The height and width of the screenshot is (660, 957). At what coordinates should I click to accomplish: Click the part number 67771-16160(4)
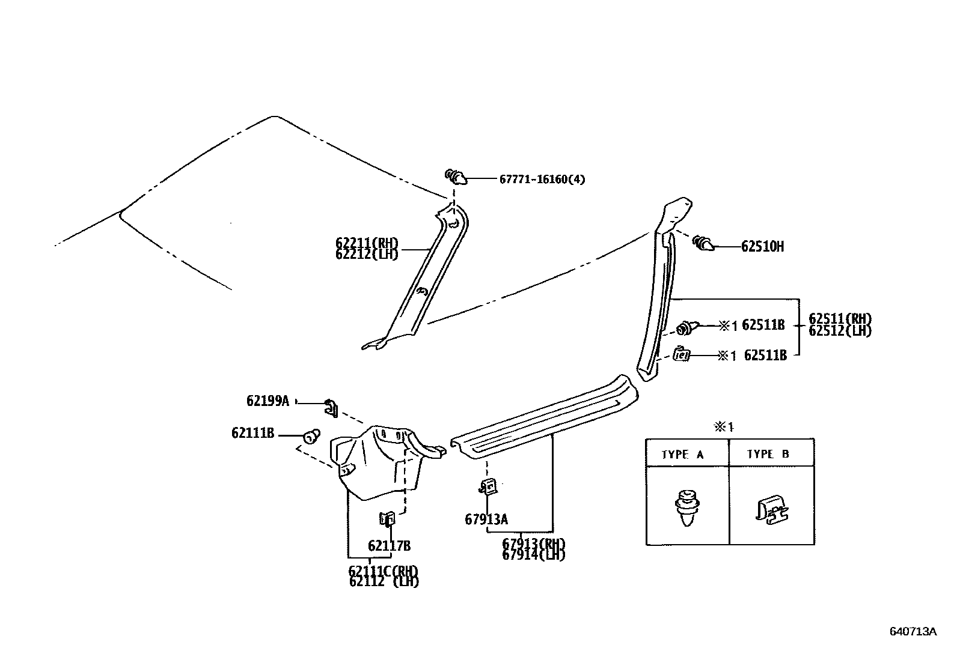[542, 179]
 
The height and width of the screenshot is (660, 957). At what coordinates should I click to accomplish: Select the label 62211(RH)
[367, 243]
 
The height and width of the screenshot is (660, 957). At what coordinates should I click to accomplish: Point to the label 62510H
[762, 246]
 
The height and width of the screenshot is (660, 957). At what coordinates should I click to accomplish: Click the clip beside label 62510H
[703, 244]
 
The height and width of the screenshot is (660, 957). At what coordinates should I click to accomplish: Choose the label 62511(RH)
[840, 319]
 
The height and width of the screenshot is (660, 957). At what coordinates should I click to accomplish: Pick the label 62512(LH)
[840, 330]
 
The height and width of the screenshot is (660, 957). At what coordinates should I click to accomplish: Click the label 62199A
[268, 401]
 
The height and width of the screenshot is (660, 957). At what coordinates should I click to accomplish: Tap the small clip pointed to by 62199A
[331, 407]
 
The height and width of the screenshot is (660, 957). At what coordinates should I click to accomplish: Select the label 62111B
[252, 432]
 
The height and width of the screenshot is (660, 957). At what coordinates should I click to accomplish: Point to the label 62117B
[389, 546]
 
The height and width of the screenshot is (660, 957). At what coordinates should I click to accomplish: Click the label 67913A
[486, 519]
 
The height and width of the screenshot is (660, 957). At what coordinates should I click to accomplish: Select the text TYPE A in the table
[682, 455]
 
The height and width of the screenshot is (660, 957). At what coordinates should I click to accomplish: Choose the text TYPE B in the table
[768, 454]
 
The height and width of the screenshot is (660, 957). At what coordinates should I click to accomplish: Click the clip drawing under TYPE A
[685, 508]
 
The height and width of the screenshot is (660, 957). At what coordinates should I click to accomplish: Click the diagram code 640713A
[913, 631]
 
